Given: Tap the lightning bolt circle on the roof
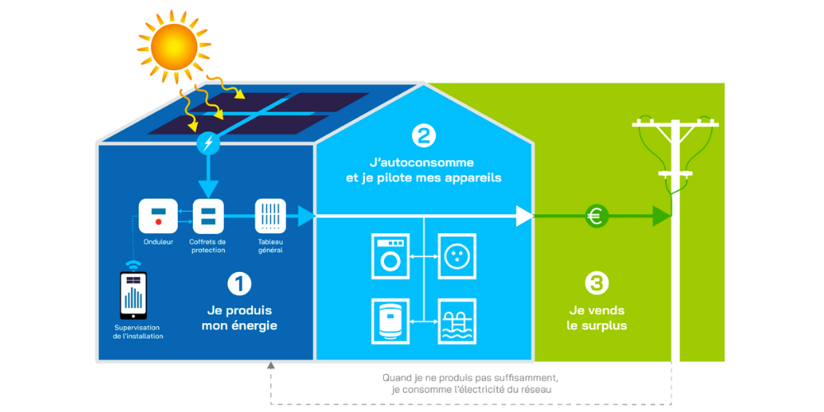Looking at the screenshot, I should pos(208,143).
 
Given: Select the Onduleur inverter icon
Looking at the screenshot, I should pos(157,216).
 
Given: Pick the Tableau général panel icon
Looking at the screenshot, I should pos(270,216).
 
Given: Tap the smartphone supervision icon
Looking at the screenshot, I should pos(133,295).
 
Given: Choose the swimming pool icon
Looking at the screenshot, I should pos(456,320).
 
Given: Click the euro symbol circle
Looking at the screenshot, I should pos(597,217).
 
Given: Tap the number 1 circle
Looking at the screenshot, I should pos(240,284).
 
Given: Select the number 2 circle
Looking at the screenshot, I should pos(424,135).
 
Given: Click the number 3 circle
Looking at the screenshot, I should pos(597,284).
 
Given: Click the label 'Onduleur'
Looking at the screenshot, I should pos(157,241).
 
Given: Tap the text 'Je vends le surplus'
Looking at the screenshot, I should pos(597,318).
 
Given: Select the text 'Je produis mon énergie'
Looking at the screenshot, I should pos(240,318).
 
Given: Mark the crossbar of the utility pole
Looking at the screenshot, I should pos(675,124).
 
